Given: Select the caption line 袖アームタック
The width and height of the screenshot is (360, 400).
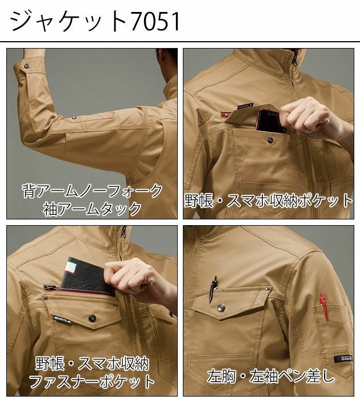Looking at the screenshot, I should (x=92, y=208).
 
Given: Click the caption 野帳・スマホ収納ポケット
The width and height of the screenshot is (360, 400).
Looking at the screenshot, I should (x=269, y=201).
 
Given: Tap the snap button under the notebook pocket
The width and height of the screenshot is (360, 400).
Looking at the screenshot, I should (x=91, y=317).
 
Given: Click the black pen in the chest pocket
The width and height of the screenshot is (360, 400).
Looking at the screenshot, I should (x=213, y=287).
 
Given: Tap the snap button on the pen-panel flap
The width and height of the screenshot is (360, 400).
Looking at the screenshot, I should (x=222, y=308).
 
